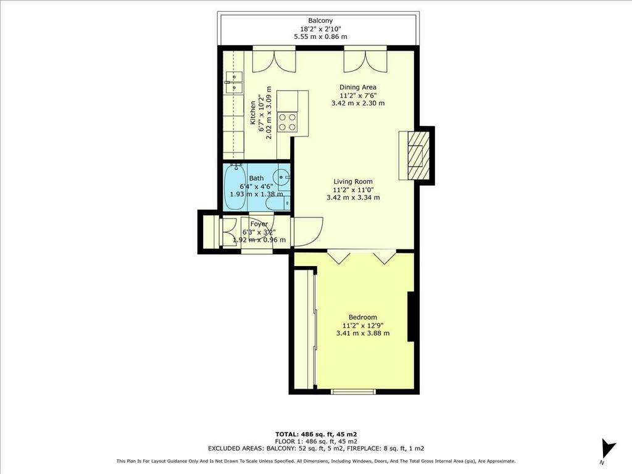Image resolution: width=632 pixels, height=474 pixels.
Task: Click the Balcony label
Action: (320, 20)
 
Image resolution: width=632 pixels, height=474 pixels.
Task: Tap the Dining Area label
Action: (358, 87)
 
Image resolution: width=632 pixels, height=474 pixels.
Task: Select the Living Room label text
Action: (353, 182)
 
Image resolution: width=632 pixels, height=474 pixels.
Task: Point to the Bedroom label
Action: (363, 318)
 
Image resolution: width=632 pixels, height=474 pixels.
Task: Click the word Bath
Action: (256, 178)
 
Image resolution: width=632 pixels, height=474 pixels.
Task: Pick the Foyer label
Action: (259, 224)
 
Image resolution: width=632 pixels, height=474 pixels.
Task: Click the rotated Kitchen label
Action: (252, 113)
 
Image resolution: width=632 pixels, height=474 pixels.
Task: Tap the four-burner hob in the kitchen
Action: (287, 122)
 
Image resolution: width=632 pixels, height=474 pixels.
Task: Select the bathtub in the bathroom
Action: (235, 187)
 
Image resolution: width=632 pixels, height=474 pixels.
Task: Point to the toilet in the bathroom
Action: (277, 202)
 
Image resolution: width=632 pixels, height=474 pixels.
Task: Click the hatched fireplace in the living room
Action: (415, 156)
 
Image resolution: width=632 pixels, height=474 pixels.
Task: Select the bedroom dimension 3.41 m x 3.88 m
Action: (363, 333)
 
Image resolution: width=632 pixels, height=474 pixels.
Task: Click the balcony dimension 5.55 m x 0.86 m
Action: (320, 36)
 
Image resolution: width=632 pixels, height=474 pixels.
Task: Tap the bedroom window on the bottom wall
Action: (354, 391)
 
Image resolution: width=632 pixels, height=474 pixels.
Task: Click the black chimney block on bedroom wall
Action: (411, 317)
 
